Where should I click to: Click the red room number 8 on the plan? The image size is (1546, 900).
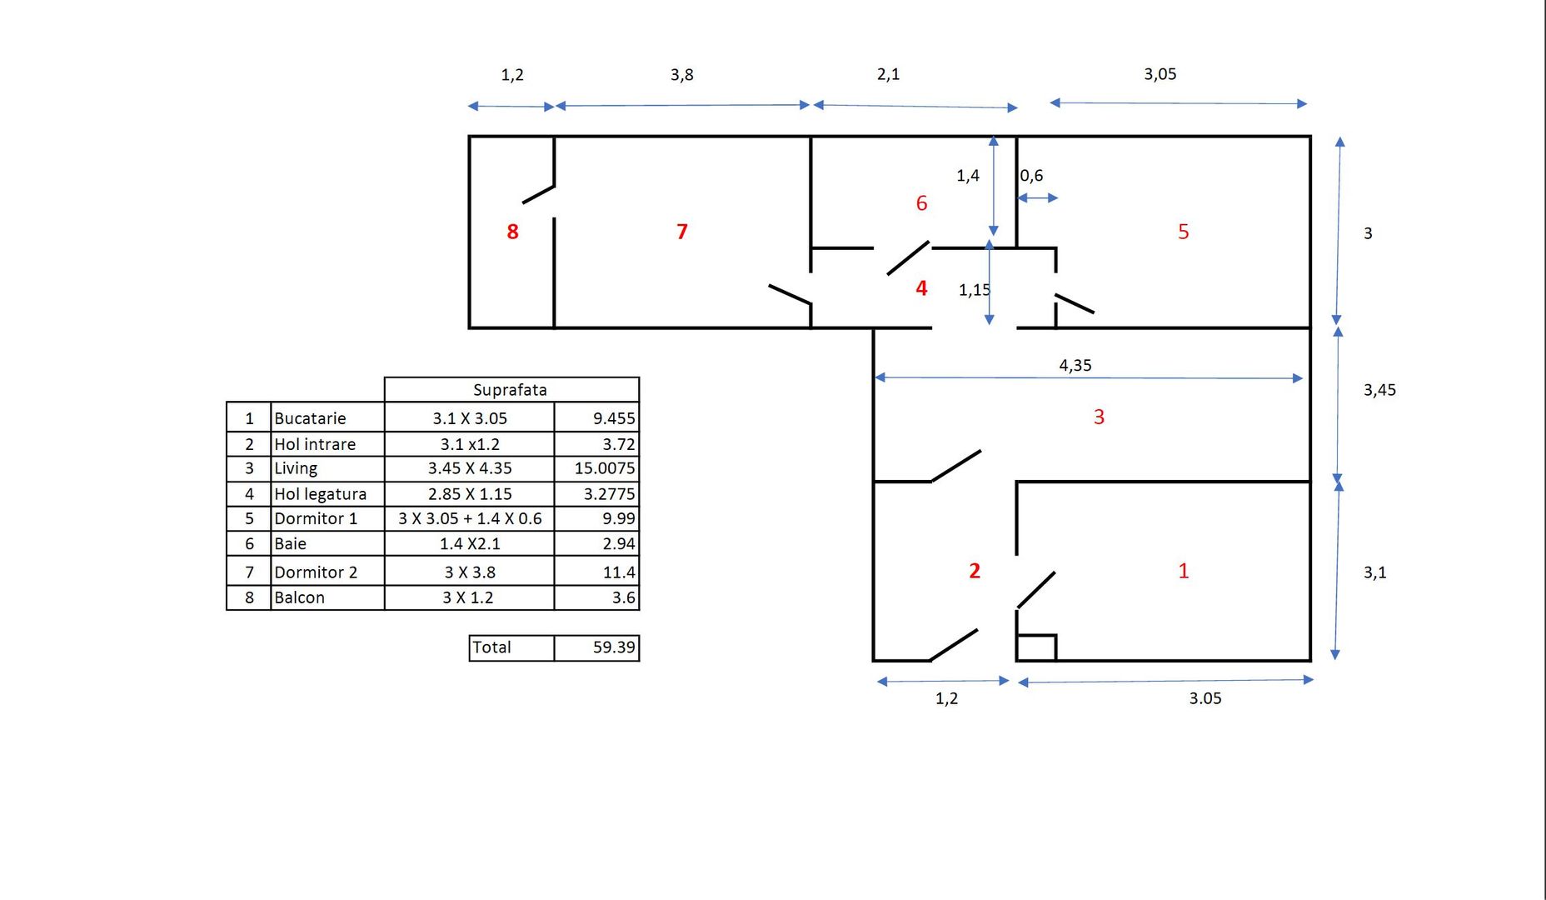tap(513, 232)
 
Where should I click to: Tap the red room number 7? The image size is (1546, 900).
tap(682, 232)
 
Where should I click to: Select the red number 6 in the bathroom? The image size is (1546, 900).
tap(921, 203)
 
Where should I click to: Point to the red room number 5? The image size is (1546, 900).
tap(1184, 232)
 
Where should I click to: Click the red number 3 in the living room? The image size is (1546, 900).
tap(1099, 417)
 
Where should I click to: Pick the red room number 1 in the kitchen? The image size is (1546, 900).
tap(1184, 571)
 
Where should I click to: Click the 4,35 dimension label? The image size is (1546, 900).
tap(1075, 365)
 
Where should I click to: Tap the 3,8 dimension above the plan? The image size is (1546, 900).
tap(682, 75)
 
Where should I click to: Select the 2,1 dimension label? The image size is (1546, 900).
tap(889, 74)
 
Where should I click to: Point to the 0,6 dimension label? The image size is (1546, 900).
tap(1031, 176)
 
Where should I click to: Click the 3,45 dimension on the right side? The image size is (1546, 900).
tap(1379, 390)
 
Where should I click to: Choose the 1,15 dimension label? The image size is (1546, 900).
tap(975, 290)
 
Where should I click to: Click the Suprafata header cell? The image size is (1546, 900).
tap(511, 390)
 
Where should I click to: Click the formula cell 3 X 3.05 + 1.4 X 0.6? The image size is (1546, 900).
tap(470, 518)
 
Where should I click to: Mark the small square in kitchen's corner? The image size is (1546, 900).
tap(1037, 647)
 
